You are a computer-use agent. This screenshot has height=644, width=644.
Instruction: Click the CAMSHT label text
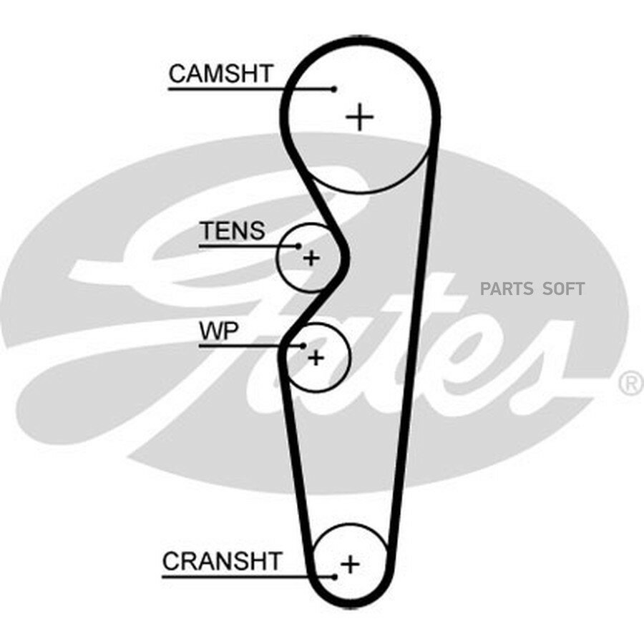[221, 74]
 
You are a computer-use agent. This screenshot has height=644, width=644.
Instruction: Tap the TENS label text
[233, 231]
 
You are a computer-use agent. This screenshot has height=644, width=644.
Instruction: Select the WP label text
[218, 331]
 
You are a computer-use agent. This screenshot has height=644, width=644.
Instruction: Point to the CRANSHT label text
[223, 561]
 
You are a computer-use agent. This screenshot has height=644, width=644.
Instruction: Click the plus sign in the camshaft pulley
[360, 117]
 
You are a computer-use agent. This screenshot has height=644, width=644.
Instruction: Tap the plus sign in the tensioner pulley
[311, 258]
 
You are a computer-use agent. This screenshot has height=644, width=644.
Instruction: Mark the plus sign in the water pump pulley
[316, 358]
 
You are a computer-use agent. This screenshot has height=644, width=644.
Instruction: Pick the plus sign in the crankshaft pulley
[351, 564]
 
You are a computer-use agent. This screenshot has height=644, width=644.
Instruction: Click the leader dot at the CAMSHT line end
[334, 89]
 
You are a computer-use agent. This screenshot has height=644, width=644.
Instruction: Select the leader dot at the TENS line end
[298, 246]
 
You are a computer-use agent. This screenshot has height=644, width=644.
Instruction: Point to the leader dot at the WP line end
[303, 346]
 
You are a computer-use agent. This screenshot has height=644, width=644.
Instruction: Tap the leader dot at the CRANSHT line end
[335, 577]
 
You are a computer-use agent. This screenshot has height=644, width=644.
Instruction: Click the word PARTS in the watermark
[507, 289]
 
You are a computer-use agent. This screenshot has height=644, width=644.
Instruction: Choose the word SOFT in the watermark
[563, 289]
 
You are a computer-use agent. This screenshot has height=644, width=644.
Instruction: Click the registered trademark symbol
[632, 384]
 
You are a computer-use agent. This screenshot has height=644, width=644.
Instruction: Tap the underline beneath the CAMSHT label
[250, 89]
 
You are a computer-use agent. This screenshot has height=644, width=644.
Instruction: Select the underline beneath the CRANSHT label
[248, 577]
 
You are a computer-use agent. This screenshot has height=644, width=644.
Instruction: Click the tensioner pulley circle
[277, 258]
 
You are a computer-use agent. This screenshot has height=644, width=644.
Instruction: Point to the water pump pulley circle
[349, 357]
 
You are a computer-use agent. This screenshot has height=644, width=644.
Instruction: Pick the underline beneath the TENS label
[248, 246]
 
